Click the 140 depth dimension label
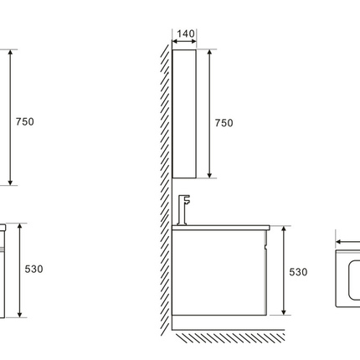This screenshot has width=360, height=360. pos(186,33)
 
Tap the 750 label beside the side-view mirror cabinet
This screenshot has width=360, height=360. pos(224,123)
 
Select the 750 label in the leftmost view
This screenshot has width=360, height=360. pos(25,121)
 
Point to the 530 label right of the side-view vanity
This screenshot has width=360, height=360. pos(298,272)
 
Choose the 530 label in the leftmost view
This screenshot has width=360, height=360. pos(33,269)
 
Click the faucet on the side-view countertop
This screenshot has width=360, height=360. pos(183,210)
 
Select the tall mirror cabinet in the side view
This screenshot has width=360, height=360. pos(184,114)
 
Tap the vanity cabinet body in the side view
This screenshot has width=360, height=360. pos(219,273)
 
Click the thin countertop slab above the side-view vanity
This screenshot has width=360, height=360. pos(221,228)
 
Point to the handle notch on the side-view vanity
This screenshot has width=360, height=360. pos(266,246)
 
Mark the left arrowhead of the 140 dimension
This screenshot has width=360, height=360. pos(174,42)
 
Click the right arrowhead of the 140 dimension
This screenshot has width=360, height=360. pos(194,42)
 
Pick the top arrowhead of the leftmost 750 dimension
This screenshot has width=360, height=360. pos(10,52)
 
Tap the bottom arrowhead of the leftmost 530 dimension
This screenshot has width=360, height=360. pos(19,315)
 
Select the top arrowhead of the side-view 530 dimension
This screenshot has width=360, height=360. pos(284,229)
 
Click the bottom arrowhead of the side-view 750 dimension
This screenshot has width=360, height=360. pos(209,175)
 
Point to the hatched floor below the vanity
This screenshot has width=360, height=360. pos(230,337)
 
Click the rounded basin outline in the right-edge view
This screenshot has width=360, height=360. pos(348,280)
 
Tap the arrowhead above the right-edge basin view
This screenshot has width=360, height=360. pos(338,242)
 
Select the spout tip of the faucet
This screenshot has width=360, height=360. pos(188,203)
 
